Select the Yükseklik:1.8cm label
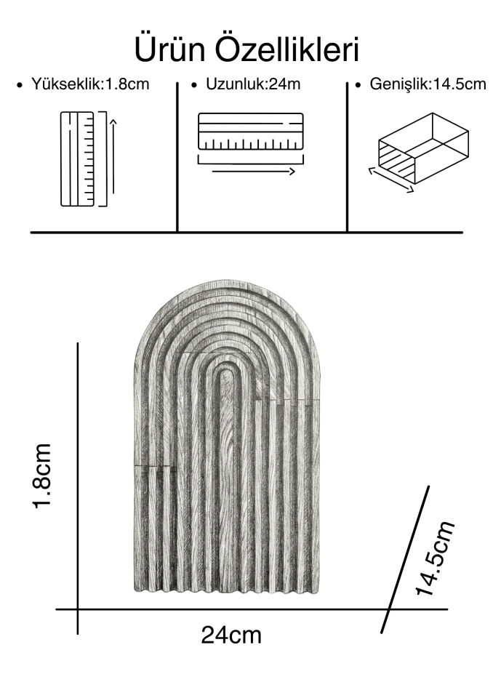click(90, 84)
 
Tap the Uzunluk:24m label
click(253, 84)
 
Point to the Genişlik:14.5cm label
click(428, 84)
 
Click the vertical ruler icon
click(78, 159)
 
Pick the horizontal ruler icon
click(251, 132)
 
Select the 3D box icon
click(423, 148)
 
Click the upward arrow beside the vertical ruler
click(113, 156)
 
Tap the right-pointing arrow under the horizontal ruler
click(253, 172)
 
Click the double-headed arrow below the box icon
click(391, 180)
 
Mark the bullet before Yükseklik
click(19, 84)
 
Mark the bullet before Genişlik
click(358, 84)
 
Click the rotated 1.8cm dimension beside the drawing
click(42, 476)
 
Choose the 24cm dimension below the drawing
click(231, 635)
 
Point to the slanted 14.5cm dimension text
click(435, 558)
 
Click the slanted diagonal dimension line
click(405, 559)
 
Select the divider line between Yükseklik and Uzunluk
click(177, 157)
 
